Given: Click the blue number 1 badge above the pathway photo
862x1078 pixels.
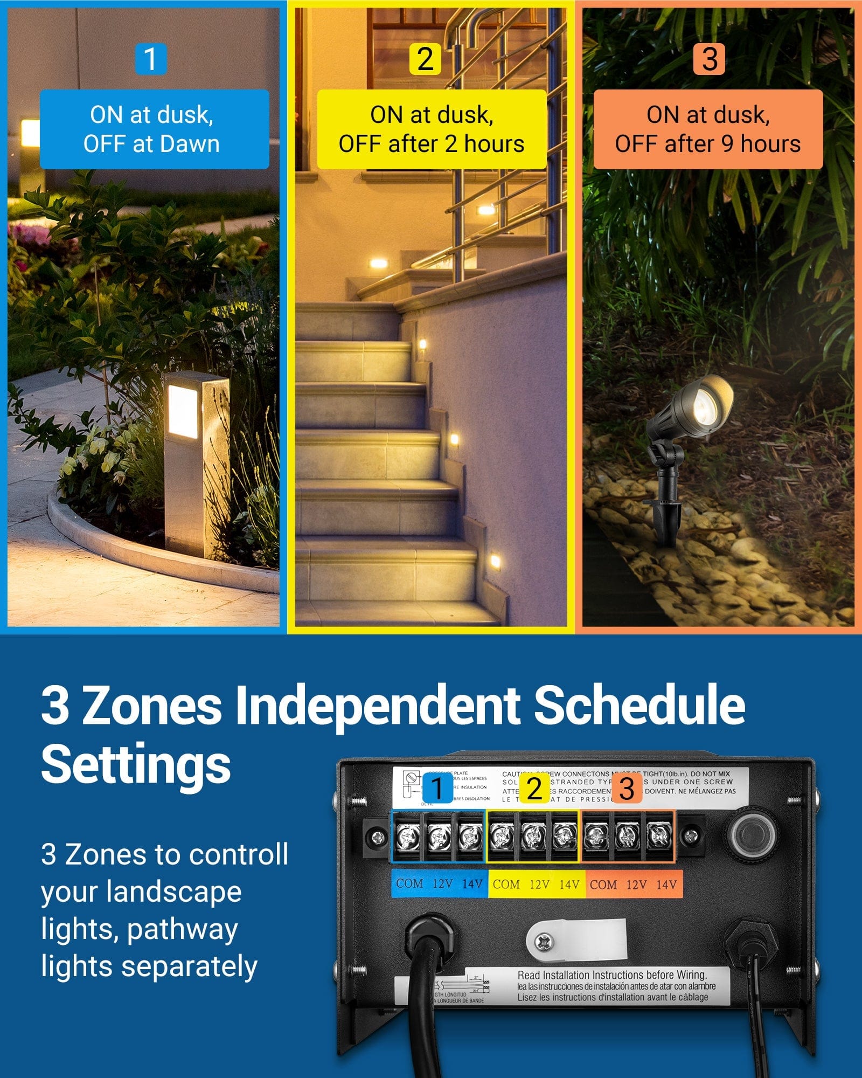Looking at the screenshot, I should tap(150, 59).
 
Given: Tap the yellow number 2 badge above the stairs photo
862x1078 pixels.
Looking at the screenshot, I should tap(425, 59).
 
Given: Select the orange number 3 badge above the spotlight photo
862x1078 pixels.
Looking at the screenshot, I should tap(710, 59).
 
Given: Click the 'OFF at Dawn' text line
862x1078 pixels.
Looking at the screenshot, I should tap(151, 144).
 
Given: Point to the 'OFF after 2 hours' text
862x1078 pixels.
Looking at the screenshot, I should tap(431, 144).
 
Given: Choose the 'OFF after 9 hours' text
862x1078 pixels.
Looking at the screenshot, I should tap(707, 144).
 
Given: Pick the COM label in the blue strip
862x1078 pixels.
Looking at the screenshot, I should tap(409, 883).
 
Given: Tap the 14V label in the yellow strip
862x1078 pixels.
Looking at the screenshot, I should tap(569, 884).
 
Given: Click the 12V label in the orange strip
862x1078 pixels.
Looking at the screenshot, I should tap(636, 884).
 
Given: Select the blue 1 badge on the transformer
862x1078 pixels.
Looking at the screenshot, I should tap(437, 789).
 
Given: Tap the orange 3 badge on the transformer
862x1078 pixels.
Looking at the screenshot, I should tap(627, 789).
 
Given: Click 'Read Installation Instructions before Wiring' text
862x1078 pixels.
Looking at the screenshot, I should tap(612, 975).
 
